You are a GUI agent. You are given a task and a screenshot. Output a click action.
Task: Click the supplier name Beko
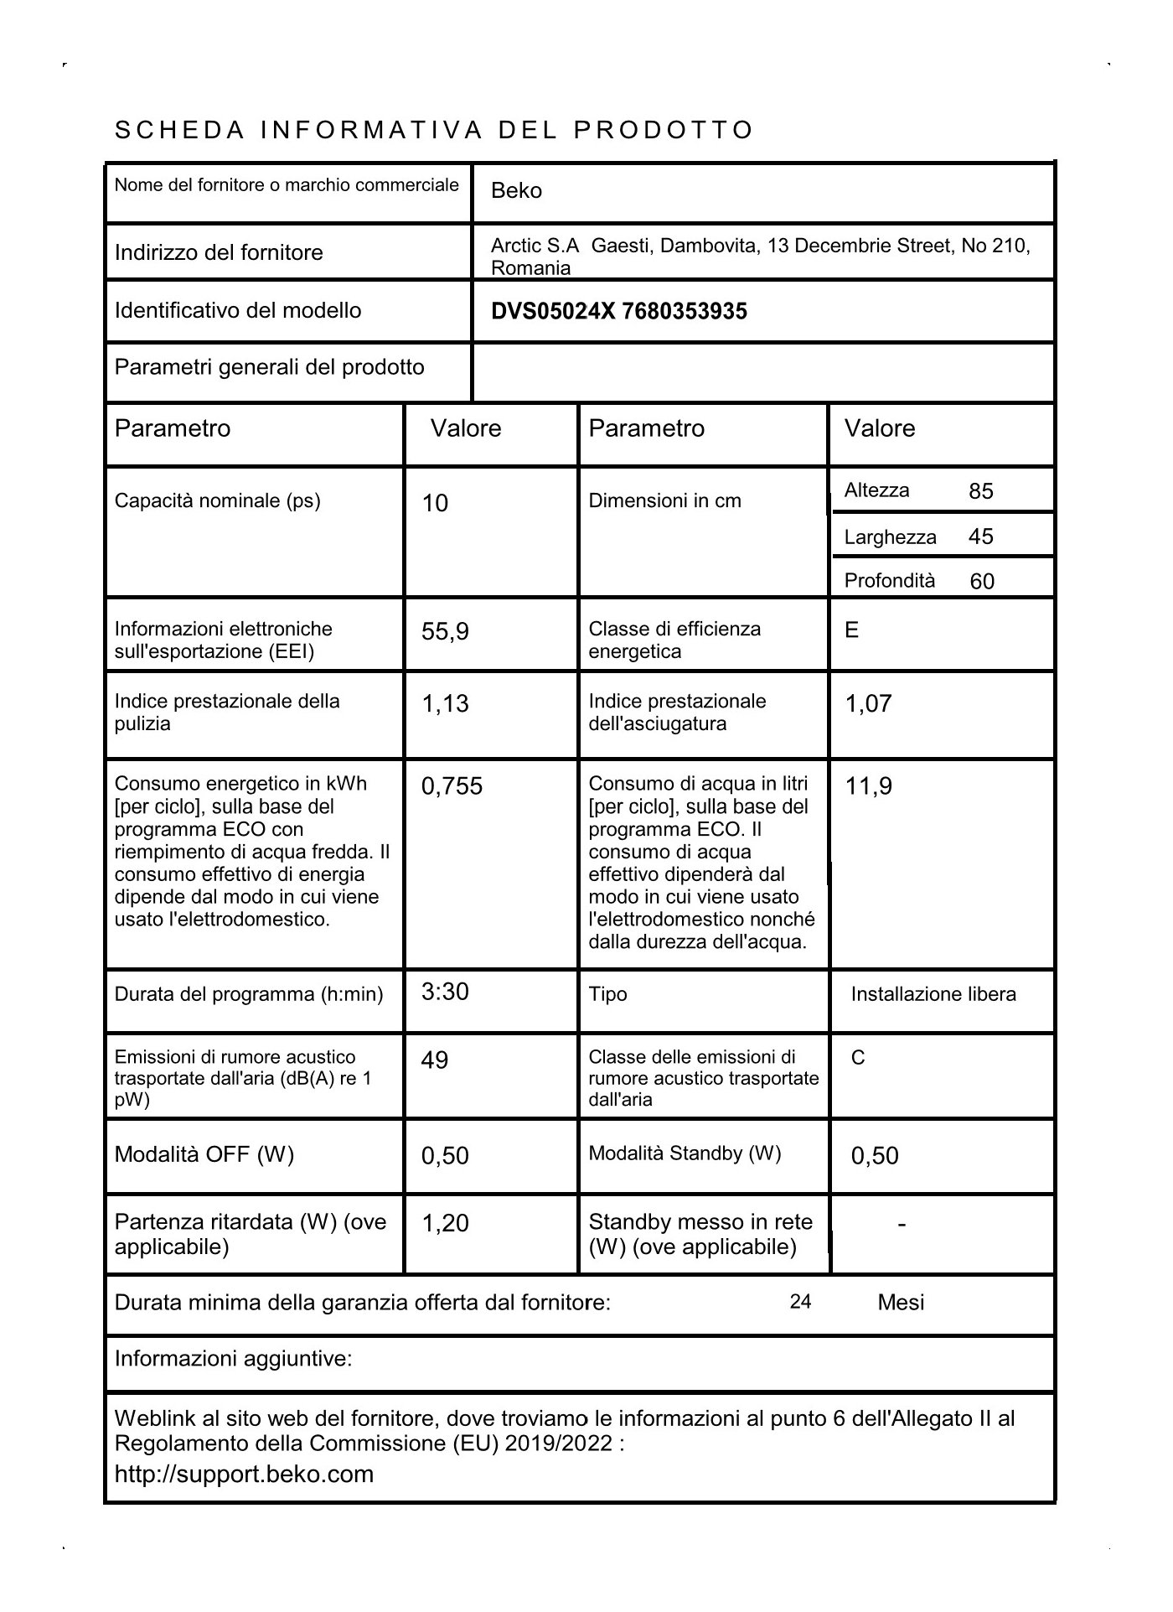516,191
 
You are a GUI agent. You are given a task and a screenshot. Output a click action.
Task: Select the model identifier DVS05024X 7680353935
618,312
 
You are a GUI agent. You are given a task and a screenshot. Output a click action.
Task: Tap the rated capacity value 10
435,503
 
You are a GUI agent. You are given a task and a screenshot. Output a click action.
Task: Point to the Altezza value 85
980,491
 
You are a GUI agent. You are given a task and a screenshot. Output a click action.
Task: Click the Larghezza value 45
980,536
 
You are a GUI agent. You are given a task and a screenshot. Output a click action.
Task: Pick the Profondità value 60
981,582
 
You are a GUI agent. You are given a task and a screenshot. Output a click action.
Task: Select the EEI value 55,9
445,631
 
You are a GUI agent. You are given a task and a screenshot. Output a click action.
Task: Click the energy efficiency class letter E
851,630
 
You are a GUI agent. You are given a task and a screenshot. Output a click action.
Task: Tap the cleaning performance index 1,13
445,704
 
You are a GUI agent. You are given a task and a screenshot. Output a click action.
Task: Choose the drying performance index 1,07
868,704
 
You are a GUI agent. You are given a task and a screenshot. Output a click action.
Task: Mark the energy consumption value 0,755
452,786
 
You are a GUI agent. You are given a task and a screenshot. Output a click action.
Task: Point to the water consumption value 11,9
868,786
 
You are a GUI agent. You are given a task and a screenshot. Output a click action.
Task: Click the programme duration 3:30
445,992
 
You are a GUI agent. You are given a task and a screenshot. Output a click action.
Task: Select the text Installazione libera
933,994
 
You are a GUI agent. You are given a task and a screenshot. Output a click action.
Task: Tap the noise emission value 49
435,1060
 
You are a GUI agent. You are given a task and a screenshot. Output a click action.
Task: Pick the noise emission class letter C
858,1058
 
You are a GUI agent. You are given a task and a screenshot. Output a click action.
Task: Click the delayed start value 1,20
445,1224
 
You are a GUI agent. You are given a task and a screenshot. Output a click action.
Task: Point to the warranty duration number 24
800,1301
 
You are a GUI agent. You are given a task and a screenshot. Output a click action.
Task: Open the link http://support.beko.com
244,1474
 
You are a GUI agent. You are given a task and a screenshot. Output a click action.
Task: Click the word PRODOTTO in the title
664,131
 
